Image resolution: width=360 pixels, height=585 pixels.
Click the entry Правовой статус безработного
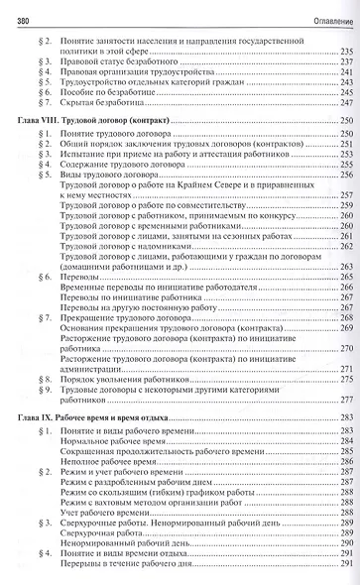click(129, 62)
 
